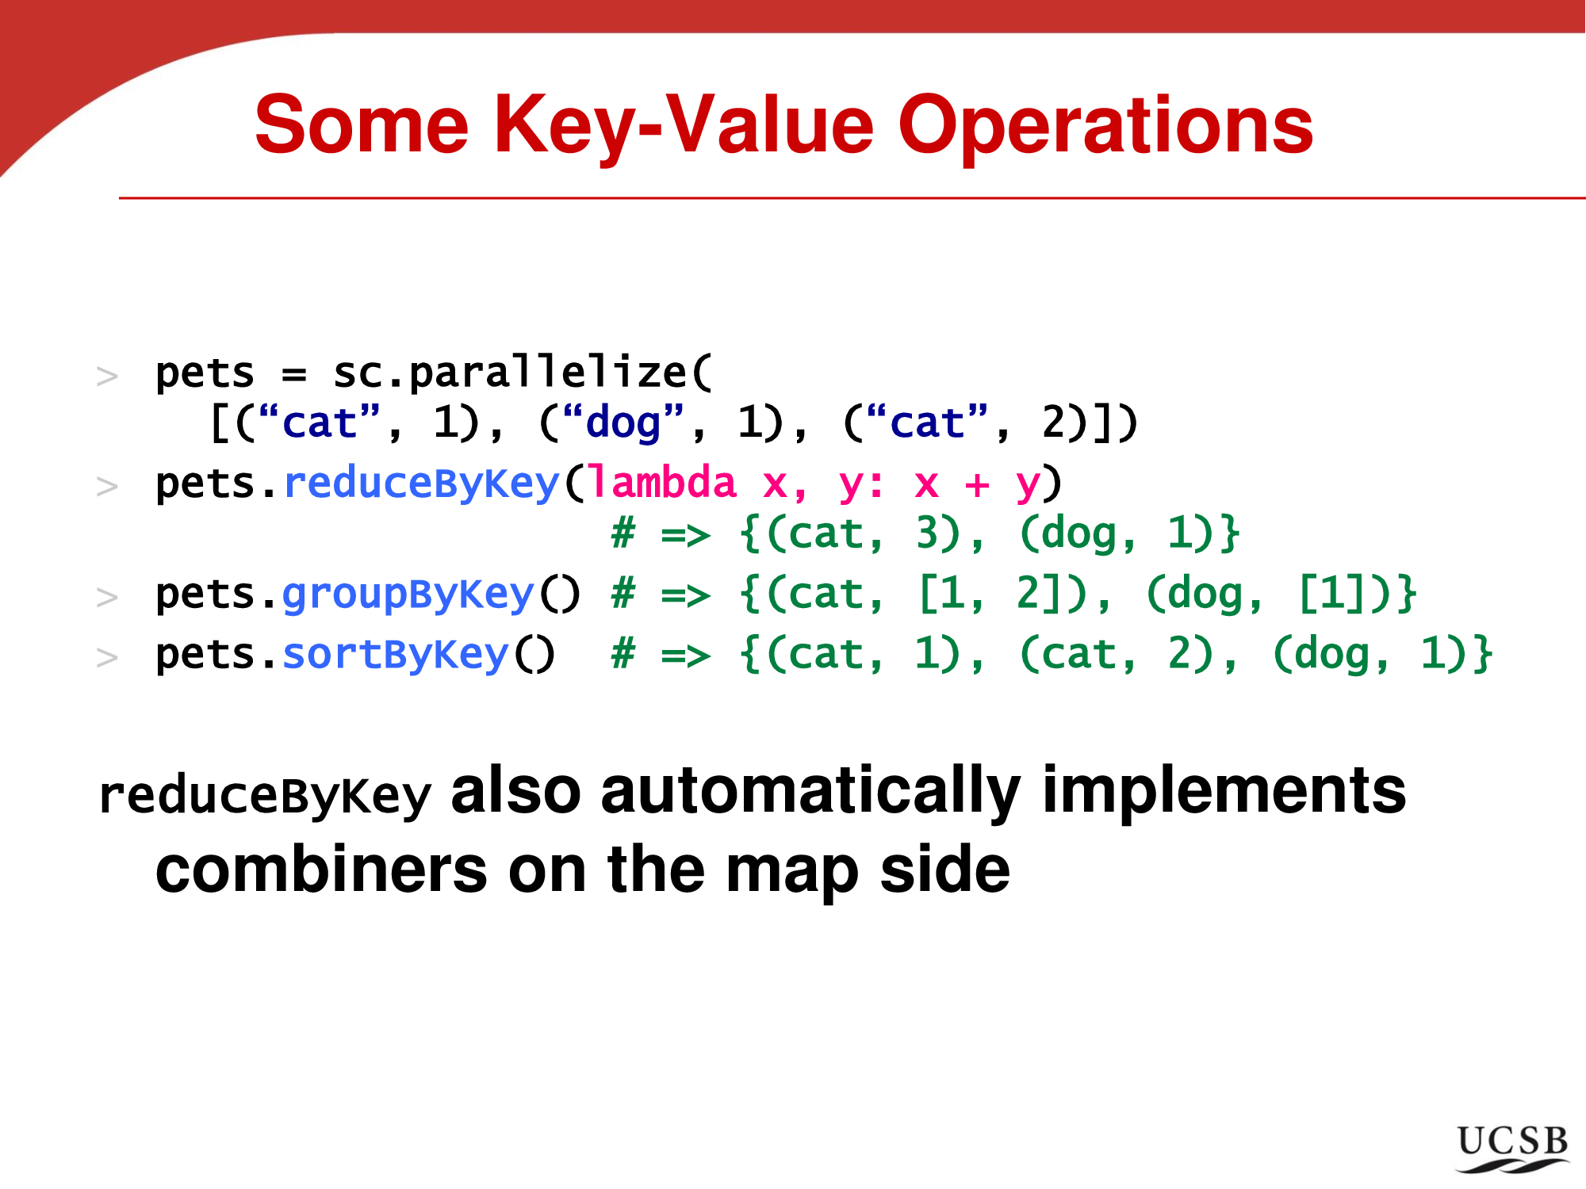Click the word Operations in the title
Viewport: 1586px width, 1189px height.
1105,127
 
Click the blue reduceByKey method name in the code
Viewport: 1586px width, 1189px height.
421,484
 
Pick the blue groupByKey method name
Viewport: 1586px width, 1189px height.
408,594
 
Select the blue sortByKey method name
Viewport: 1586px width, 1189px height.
396,656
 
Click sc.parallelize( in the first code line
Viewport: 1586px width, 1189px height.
523,373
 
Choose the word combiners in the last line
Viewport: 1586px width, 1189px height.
321,870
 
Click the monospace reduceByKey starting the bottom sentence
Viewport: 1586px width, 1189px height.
265,795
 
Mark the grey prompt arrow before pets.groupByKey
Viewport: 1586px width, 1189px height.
107,597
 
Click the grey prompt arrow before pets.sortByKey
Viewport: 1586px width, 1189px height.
107,657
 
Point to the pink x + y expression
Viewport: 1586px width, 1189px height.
976,484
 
